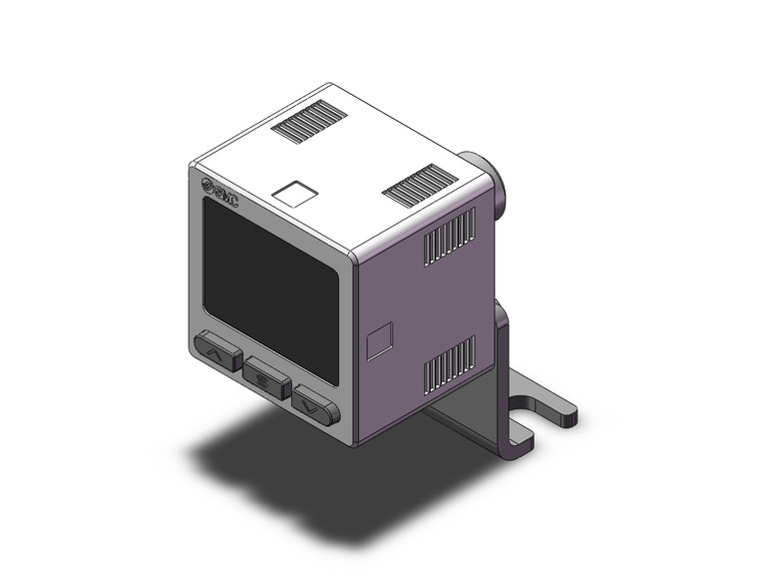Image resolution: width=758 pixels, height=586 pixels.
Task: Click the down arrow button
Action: (x=316, y=406)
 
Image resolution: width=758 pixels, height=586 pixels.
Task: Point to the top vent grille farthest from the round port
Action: (x=310, y=123)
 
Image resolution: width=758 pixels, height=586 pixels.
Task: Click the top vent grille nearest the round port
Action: (x=419, y=185)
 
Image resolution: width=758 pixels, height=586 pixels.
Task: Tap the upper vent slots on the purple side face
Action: (x=449, y=238)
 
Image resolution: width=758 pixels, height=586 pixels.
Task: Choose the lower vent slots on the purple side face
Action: (x=449, y=362)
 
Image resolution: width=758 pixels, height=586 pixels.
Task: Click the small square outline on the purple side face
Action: (x=379, y=340)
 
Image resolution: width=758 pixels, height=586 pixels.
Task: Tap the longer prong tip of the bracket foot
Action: (x=565, y=412)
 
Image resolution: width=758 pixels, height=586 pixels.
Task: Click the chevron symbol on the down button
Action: (x=316, y=406)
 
